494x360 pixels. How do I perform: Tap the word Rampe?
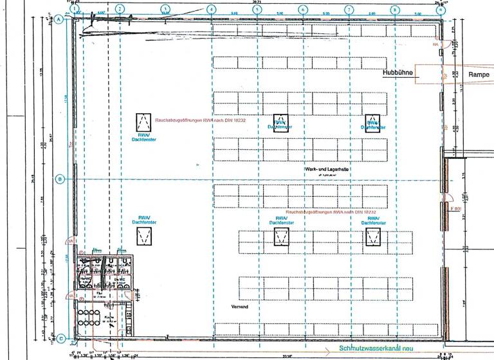(461, 75)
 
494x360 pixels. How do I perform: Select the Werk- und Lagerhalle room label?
(327, 168)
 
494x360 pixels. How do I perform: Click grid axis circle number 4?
(211, 9)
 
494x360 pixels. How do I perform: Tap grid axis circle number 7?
(349, 9)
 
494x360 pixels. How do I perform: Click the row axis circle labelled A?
(60, 20)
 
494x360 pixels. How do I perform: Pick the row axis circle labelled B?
(60, 179)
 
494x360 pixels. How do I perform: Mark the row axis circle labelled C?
(60, 339)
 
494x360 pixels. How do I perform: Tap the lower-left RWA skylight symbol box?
(142, 237)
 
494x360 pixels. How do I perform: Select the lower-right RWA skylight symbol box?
(372, 237)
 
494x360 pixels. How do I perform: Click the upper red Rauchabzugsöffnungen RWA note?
(201, 120)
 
